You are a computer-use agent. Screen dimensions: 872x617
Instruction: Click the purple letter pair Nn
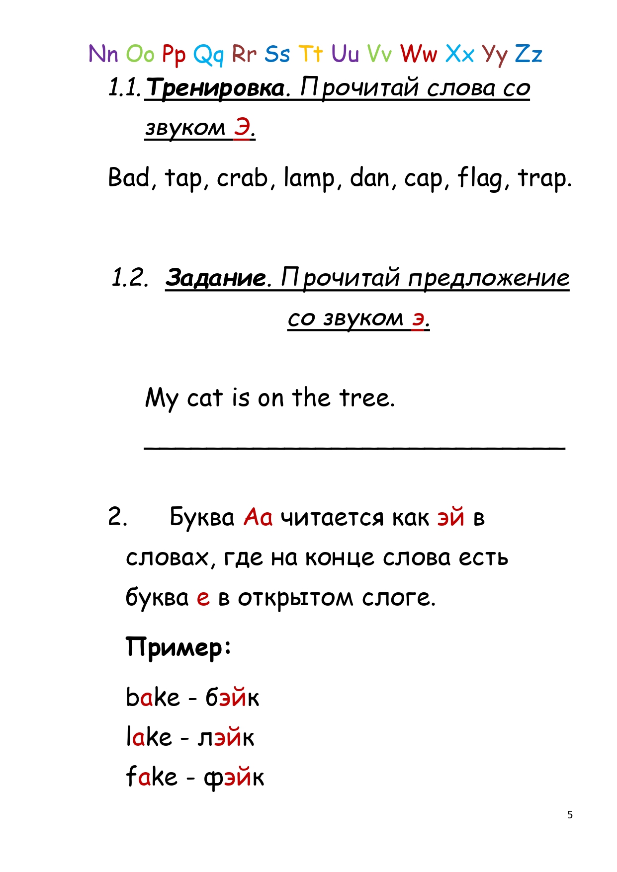(x=103, y=54)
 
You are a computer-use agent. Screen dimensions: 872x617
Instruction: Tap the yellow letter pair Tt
(x=311, y=54)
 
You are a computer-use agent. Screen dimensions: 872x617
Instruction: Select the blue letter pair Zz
(x=528, y=54)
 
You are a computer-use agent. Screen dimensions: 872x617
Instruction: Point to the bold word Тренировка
(x=216, y=88)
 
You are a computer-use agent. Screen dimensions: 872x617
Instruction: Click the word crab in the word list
(x=242, y=178)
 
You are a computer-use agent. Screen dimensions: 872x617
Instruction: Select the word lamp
(x=309, y=178)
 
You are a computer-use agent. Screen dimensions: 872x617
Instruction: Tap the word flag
(x=480, y=178)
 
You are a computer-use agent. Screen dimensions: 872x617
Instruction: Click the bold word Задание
(x=216, y=277)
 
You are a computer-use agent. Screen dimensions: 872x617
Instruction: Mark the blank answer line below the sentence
(x=354, y=448)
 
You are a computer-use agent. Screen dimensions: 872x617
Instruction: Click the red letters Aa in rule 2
(x=258, y=517)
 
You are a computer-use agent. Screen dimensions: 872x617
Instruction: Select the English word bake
(x=153, y=697)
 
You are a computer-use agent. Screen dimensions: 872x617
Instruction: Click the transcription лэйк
(x=226, y=737)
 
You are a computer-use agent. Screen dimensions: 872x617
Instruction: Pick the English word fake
(x=152, y=777)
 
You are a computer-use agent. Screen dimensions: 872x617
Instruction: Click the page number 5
(x=570, y=815)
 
